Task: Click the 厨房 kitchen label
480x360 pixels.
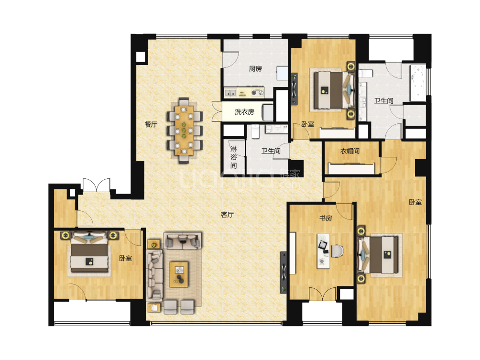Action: pyautogui.click(x=255, y=68)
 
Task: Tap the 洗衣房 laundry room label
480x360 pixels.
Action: pyautogui.click(x=244, y=112)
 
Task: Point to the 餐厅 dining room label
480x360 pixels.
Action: pyautogui.click(x=151, y=124)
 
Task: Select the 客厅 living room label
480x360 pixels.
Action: pyautogui.click(x=227, y=215)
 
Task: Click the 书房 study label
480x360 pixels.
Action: pyautogui.click(x=326, y=218)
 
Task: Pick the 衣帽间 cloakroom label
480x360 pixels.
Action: pyautogui.click(x=350, y=151)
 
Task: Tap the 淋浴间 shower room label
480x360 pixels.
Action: pyautogui.click(x=234, y=157)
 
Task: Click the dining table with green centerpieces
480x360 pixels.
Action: pyautogui.click(x=184, y=131)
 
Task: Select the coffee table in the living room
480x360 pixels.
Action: pyautogui.click(x=179, y=274)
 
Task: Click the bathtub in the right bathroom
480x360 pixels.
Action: pyautogui.click(x=418, y=82)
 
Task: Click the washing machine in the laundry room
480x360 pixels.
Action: pyautogui.click(x=268, y=112)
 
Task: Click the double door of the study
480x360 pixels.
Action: pyautogui.click(x=322, y=295)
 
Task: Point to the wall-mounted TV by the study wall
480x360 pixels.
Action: pyautogui.click(x=284, y=272)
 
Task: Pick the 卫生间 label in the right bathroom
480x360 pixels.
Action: pyautogui.click(x=383, y=101)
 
